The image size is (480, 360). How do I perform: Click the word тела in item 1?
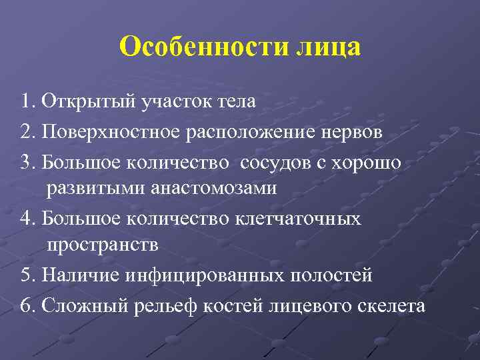(x=235, y=103)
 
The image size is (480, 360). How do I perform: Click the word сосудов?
(x=275, y=161)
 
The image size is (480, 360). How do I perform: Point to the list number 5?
(x=26, y=275)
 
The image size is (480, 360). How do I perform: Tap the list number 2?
(x=26, y=131)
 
